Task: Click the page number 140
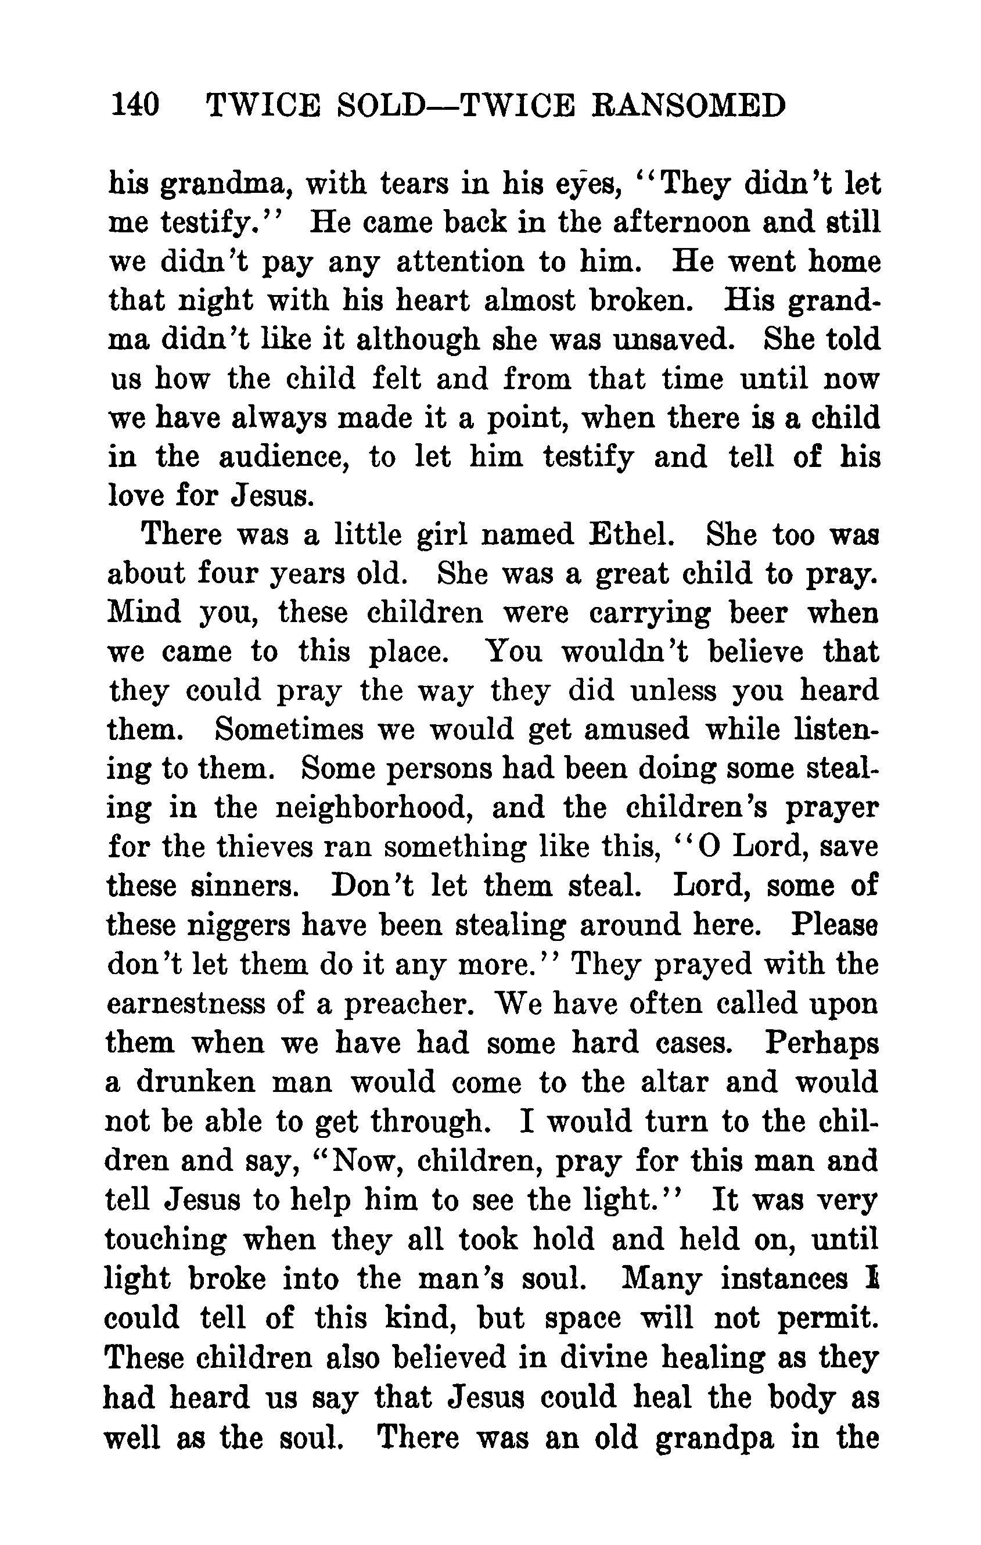tap(135, 105)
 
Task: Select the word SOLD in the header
tap(380, 105)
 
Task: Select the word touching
tap(166, 1240)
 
